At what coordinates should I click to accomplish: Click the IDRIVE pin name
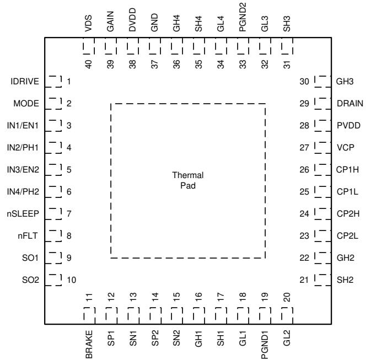[x=25, y=82]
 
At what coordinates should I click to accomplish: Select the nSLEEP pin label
[x=23, y=213]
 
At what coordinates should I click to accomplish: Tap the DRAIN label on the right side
[x=350, y=104]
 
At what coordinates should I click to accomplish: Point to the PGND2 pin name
[x=243, y=17]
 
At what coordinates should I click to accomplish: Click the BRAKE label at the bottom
[x=89, y=344]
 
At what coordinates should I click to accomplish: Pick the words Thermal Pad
[x=188, y=180]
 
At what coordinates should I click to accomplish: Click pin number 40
[x=89, y=64]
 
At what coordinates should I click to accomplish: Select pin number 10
[x=72, y=280]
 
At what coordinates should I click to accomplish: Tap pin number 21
[x=304, y=280]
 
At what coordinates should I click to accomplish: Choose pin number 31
[x=287, y=64]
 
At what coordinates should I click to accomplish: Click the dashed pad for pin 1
[x=53, y=82]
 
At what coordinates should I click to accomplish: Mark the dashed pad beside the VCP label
[x=323, y=148]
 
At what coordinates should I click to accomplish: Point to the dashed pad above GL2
[x=287, y=316]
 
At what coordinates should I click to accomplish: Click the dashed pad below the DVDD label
[x=133, y=46]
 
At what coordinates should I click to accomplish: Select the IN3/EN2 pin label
[x=23, y=169]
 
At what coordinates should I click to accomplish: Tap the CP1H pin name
[x=347, y=169]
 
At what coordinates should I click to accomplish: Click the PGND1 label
[x=265, y=345]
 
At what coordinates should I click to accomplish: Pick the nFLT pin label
[x=28, y=236]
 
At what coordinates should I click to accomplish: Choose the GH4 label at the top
[x=177, y=23]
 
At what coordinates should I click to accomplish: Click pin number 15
[x=177, y=297]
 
